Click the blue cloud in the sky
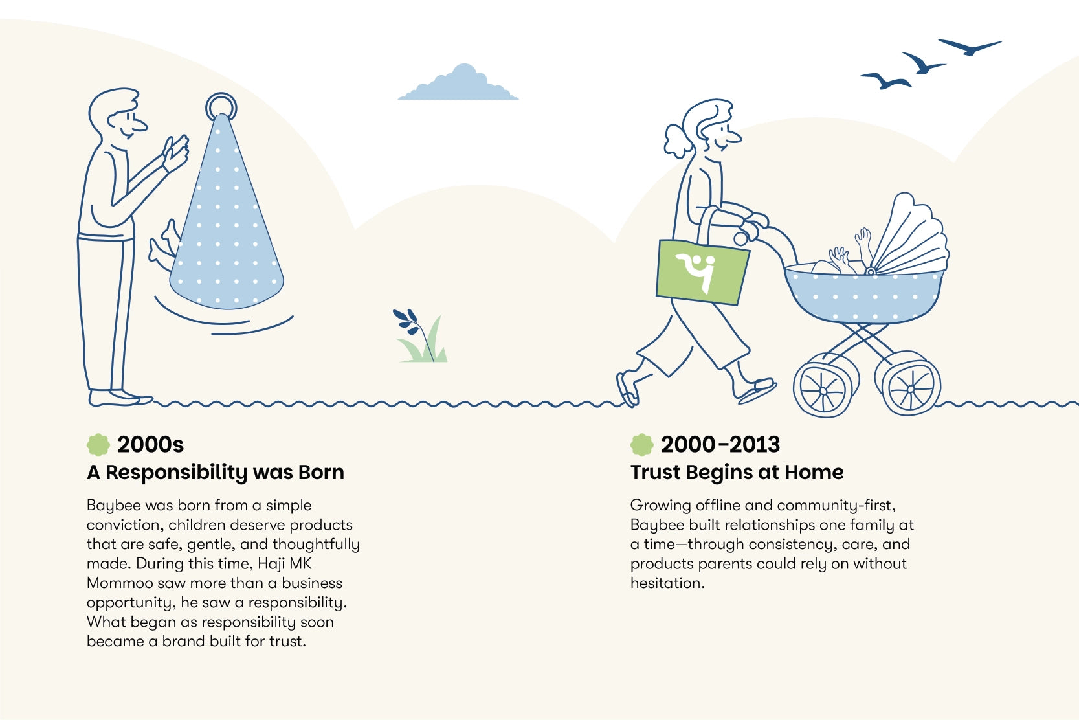(458, 84)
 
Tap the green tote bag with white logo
(702, 272)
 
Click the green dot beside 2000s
(98, 444)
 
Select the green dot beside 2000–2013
(641, 444)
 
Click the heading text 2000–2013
(720, 444)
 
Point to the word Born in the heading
(321, 472)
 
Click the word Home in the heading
(814, 472)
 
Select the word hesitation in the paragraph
(667, 583)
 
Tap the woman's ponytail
(679, 141)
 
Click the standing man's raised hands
(175, 153)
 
